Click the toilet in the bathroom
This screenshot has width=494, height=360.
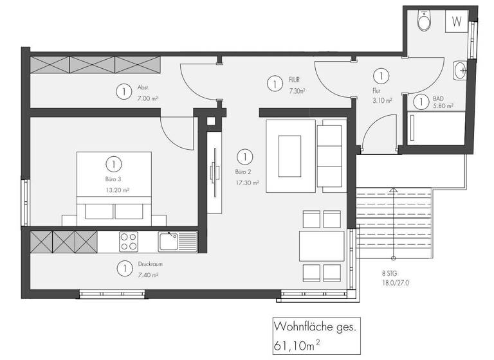[424, 22]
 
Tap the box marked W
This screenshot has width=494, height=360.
[457, 21]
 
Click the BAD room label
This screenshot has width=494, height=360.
[439, 99]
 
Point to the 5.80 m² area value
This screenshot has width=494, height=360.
[444, 107]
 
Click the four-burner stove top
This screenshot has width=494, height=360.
[128, 242]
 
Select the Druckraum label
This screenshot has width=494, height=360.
[149, 264]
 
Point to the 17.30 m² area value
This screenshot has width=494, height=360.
[247, 183]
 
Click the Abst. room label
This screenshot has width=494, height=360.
[144, 88]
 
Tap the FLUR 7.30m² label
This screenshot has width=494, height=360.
[295, 85]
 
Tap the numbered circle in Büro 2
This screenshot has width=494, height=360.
[244, 157]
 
